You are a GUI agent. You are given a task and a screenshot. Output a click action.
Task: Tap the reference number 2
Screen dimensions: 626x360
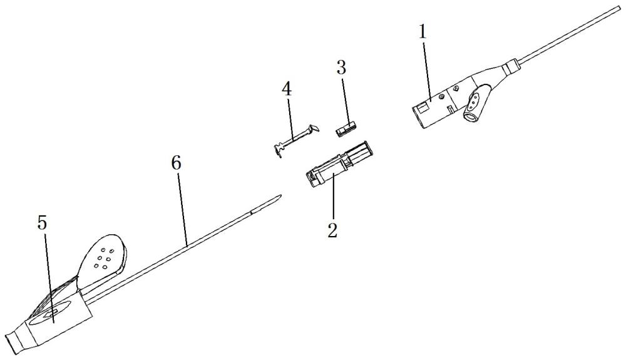click(x=332, y=229)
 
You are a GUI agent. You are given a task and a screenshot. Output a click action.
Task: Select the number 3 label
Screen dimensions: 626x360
click(x=341, y=68)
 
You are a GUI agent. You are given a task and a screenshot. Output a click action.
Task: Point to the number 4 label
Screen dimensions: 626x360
click(x=286, y=89)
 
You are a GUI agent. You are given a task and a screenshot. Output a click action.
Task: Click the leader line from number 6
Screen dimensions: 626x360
click(x=182, y=207)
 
